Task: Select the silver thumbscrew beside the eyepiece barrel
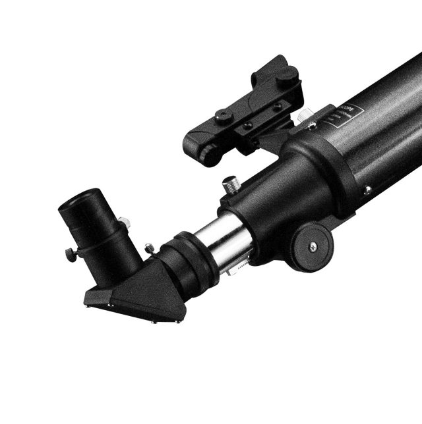[151, 248]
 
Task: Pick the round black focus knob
[312, 244]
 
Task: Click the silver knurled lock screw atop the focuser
[231, 184]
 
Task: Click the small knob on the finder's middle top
[225, 117]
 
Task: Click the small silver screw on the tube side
[367, 189]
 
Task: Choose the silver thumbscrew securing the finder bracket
[304, 116]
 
